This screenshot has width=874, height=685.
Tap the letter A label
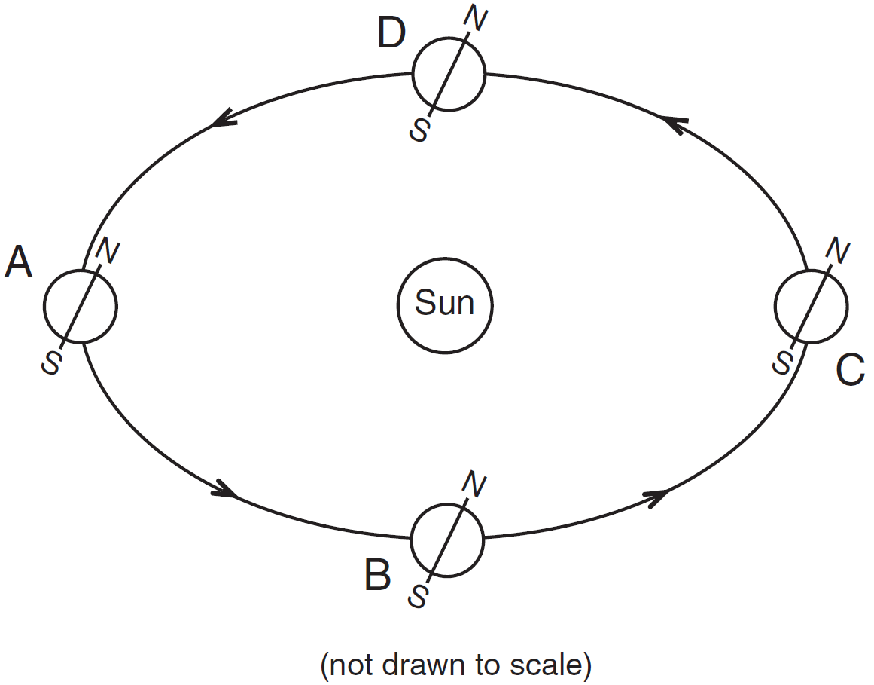pos(19,264)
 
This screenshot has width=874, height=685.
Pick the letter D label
pos(391,34)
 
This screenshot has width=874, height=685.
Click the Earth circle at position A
pos(81,306)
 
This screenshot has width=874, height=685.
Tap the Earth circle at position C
pos(812,305)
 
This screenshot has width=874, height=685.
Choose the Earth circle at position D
pos(449,75)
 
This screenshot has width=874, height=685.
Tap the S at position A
pos(52,363)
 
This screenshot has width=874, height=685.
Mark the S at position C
pos(784,363)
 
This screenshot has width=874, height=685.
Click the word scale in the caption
pos(547,665)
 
